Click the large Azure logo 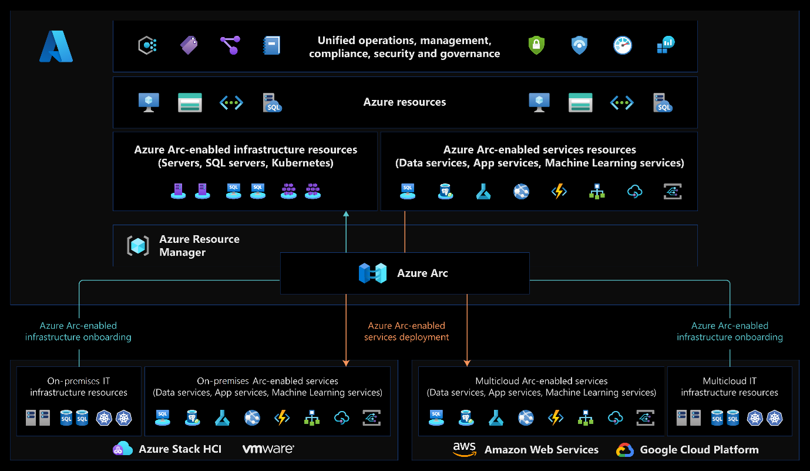(x=56, y=47)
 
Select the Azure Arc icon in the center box (x=373, y=273)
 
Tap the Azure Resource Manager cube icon (x=139, y=246)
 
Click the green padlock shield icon (x=536, y=45)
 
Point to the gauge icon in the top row (x=622, y=45)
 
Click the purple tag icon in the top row (x=189, y=45)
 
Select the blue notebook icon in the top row (x=271, y=45)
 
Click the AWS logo (x=464, y=449)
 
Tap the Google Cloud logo (x=624, y=450)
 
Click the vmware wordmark (x=268, y=449)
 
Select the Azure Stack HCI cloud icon (x=123, y=449)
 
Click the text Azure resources (x=404, y=102)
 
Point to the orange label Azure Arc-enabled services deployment (x=406, y=331)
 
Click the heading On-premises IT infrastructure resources (x=79, y=387)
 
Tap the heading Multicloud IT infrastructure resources (x=730, y=387)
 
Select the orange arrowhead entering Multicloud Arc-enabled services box (x=467, y=362)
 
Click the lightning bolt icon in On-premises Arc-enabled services (x=283, y=418)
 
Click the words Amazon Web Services (x=541, y=450)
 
